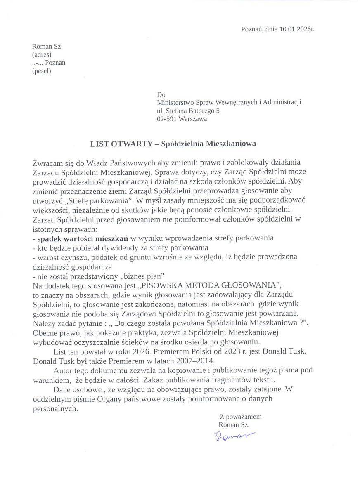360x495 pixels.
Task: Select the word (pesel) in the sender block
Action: pyautogui.click(x=42, y=71)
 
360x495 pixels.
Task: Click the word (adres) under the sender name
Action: pyautogui.click(x=42, y=54)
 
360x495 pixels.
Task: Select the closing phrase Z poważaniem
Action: pyautogui.click(x=240, y=417)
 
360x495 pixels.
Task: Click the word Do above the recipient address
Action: pyautogui.click(x=161, y=94)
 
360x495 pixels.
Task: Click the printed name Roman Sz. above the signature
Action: pyautogui.click(x=234, y=424)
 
